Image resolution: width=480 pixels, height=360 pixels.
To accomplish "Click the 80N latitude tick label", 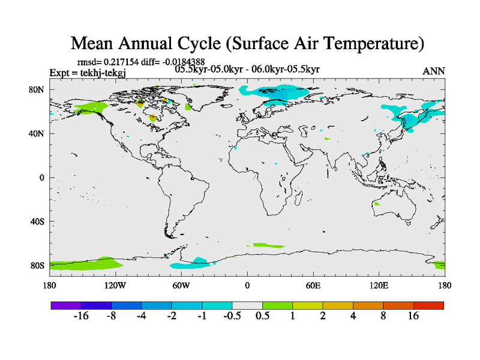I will [37, 90].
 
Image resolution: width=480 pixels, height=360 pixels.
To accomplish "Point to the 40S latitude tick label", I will [37, 221].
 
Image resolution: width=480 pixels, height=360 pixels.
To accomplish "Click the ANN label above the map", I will [434, 71].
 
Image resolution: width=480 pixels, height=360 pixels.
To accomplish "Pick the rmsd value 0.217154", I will [124, 62].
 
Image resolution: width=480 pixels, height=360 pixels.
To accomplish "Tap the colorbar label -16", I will [81, 316].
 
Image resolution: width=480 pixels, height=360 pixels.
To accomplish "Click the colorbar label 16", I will [413, 316].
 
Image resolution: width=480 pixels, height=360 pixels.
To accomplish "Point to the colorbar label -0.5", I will [232, 316].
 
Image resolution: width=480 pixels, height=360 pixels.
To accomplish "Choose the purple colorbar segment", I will [66, 305].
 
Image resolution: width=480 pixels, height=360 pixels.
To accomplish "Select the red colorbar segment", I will [428, 305].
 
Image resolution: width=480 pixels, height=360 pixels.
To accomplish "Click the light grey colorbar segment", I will [247, 305].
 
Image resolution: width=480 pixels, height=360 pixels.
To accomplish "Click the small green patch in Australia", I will [377, 204].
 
